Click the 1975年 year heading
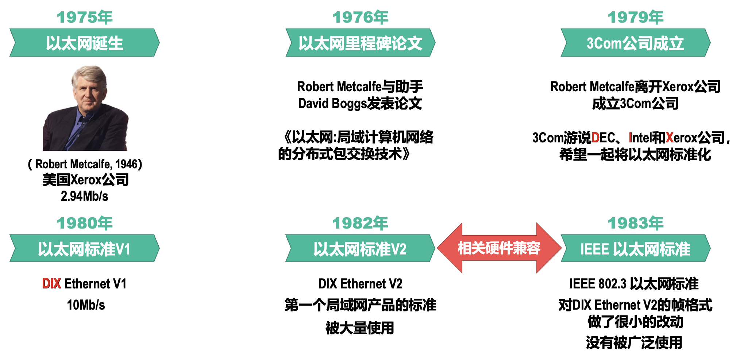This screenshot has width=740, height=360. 85,18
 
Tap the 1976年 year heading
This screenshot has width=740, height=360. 360,18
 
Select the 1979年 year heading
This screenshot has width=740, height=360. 635,18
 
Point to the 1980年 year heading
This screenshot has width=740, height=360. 85,223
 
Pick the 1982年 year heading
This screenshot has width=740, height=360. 360,223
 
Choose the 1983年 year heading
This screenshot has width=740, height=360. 635,223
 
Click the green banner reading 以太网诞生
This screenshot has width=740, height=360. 85,43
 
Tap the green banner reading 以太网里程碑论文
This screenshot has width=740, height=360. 360,43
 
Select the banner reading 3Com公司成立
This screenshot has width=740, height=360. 635,43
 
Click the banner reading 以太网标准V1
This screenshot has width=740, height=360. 85,249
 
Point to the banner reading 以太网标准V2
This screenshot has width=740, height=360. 360,249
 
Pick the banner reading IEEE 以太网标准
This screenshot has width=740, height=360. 635,249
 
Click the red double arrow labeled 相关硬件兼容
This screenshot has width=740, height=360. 499,248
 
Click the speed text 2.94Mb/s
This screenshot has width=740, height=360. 85,196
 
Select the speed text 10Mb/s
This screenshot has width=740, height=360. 86,305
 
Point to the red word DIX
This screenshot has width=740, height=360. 51,284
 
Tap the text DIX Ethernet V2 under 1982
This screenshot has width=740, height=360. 360,284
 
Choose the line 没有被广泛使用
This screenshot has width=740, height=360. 634,342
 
